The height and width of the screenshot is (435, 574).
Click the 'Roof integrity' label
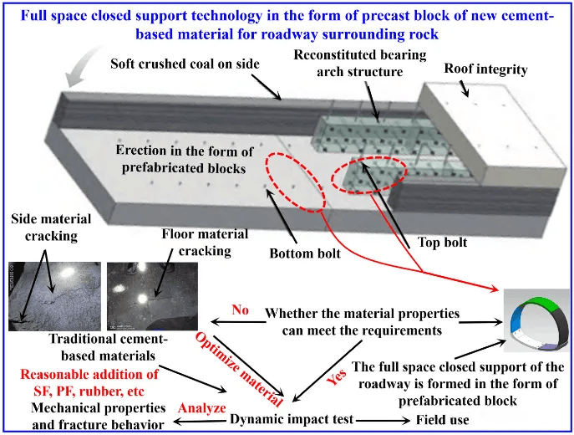click(x=485, y=69)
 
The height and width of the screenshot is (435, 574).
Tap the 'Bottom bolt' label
click(x=305, y=253)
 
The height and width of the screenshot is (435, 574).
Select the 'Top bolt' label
click(x=442, y=243)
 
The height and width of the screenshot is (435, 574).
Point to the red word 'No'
click(x=240, y=310)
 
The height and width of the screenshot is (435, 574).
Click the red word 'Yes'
click(x=337, y=377)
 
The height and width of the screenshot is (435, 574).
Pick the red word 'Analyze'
click(x=201, y=408)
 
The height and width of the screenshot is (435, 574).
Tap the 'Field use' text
click(x=442, y=420)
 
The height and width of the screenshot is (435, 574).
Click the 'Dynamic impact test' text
click(x=292, y=419)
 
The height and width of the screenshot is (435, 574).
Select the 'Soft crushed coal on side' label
click(x=185, y=64)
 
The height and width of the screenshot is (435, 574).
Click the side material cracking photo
click(x=54, y=296)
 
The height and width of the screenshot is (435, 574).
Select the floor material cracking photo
click(x=152, y=296)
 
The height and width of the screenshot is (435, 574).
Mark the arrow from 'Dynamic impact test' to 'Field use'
click(x=383, y=421)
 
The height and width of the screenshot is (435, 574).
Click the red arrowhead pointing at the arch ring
click(x=494, y=289)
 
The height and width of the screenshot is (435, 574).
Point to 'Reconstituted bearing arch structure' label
click(x=360, y=63)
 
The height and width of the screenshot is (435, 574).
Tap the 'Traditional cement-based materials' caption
click(x=109, y=347)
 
